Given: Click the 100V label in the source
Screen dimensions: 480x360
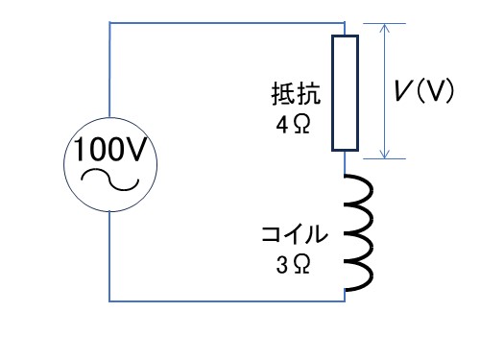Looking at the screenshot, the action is tap(110, 149).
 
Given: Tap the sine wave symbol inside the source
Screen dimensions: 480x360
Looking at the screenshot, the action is tap(110, 180).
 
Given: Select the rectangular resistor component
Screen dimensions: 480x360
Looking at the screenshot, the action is tap(345, 93).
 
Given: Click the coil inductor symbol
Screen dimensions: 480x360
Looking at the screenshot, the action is tap(359, 232).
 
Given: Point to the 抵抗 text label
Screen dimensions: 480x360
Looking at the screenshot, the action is tap(296, 93).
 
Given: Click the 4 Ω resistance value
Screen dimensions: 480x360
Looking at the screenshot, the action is tap(293, 125).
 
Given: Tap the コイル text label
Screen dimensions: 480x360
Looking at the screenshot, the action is tap(295, 234).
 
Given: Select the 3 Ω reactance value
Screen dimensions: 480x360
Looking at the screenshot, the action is tap(293, 264).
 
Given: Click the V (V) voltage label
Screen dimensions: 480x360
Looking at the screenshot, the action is tap(423, 90).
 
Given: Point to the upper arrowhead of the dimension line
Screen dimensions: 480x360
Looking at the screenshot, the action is tap(384, 28).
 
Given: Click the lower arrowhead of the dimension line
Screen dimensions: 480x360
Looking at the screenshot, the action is tap(384, 155).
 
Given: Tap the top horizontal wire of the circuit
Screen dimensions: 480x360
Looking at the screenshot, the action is tap(227, 23).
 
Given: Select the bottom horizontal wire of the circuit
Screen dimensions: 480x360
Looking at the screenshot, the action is tap(227, 301).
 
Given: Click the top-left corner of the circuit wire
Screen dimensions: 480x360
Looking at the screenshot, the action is tap(109, 23).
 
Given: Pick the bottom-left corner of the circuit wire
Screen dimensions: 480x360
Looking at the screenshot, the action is tap(109, 301).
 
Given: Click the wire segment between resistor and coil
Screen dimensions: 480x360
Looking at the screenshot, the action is tap(345, 162).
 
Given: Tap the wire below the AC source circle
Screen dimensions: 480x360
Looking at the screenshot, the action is tap(109, 256).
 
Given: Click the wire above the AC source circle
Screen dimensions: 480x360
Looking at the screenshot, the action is tap(109, 70).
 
